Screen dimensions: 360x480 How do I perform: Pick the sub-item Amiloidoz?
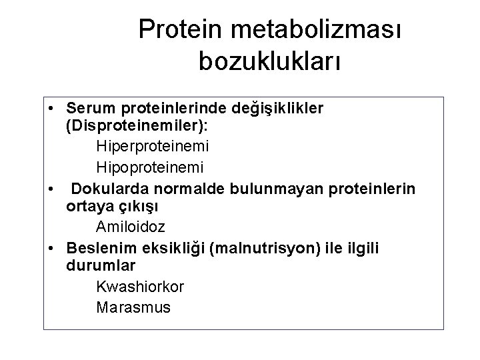[x=130, y=226]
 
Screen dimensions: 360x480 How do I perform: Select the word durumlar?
[x=101, y=266]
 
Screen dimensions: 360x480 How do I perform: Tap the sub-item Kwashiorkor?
[x=140, y=287]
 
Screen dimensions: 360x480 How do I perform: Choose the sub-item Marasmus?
[x=133, y=307]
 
